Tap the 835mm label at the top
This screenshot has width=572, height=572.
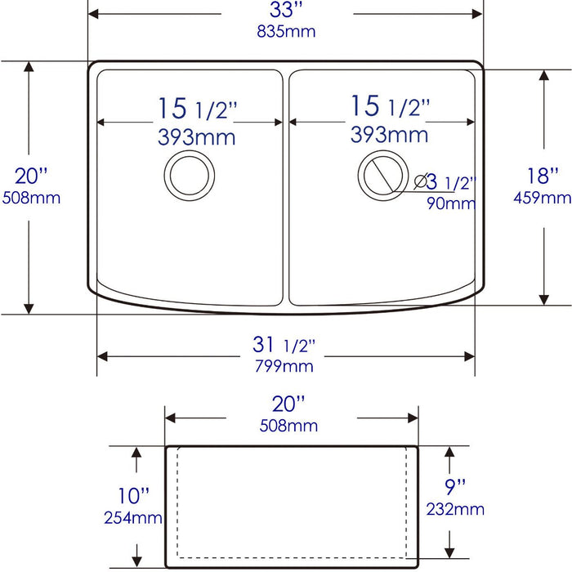point(285,32)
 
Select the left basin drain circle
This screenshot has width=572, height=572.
point(190,174)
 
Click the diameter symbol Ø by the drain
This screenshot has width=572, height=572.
point(422,181)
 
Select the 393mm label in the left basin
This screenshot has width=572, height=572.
point(196,136)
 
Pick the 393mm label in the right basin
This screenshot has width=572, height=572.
point(389,133)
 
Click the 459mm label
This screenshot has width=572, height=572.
point(543,197)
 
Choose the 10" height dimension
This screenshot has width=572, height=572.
point(134,496)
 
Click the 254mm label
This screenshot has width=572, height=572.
point(133,516)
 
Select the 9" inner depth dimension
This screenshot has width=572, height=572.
point(455,488)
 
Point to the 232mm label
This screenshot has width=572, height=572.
point(455,509)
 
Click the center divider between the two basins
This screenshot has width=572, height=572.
point(285,188)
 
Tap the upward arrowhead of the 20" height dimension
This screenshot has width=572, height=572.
point(29,68)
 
